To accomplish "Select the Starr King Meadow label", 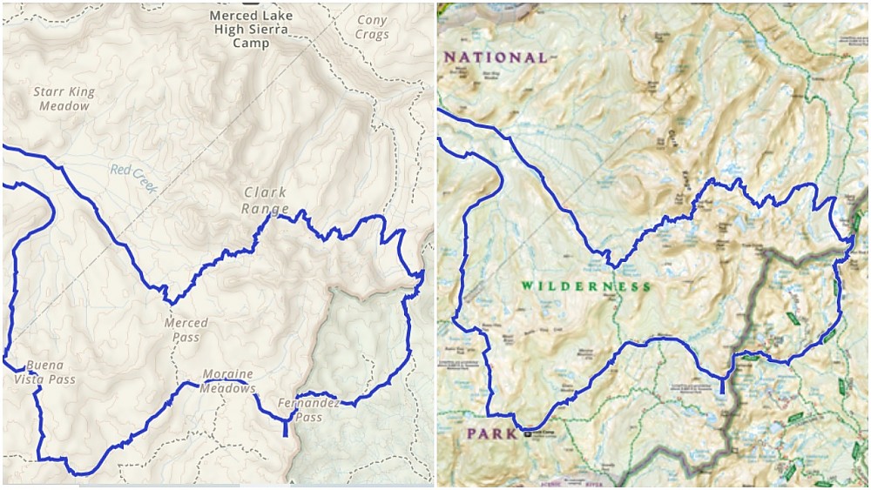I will pyautogui.click(x=64, y=98).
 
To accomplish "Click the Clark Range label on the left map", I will pyautogui.click(x=266, y=201).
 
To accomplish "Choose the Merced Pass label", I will pyautogui.click(x=186, y=330).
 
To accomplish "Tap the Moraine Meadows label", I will pyautogui.click(x=227, y=381).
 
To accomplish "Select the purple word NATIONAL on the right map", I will pyautogui.click(x=496, y=57).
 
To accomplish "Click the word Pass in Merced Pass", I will pyautogui.click(x=185, y=337).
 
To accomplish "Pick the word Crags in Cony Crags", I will pyautogui.click(x=372, y=34).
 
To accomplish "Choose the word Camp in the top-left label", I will pyautogui.click(x=251, y=43).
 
